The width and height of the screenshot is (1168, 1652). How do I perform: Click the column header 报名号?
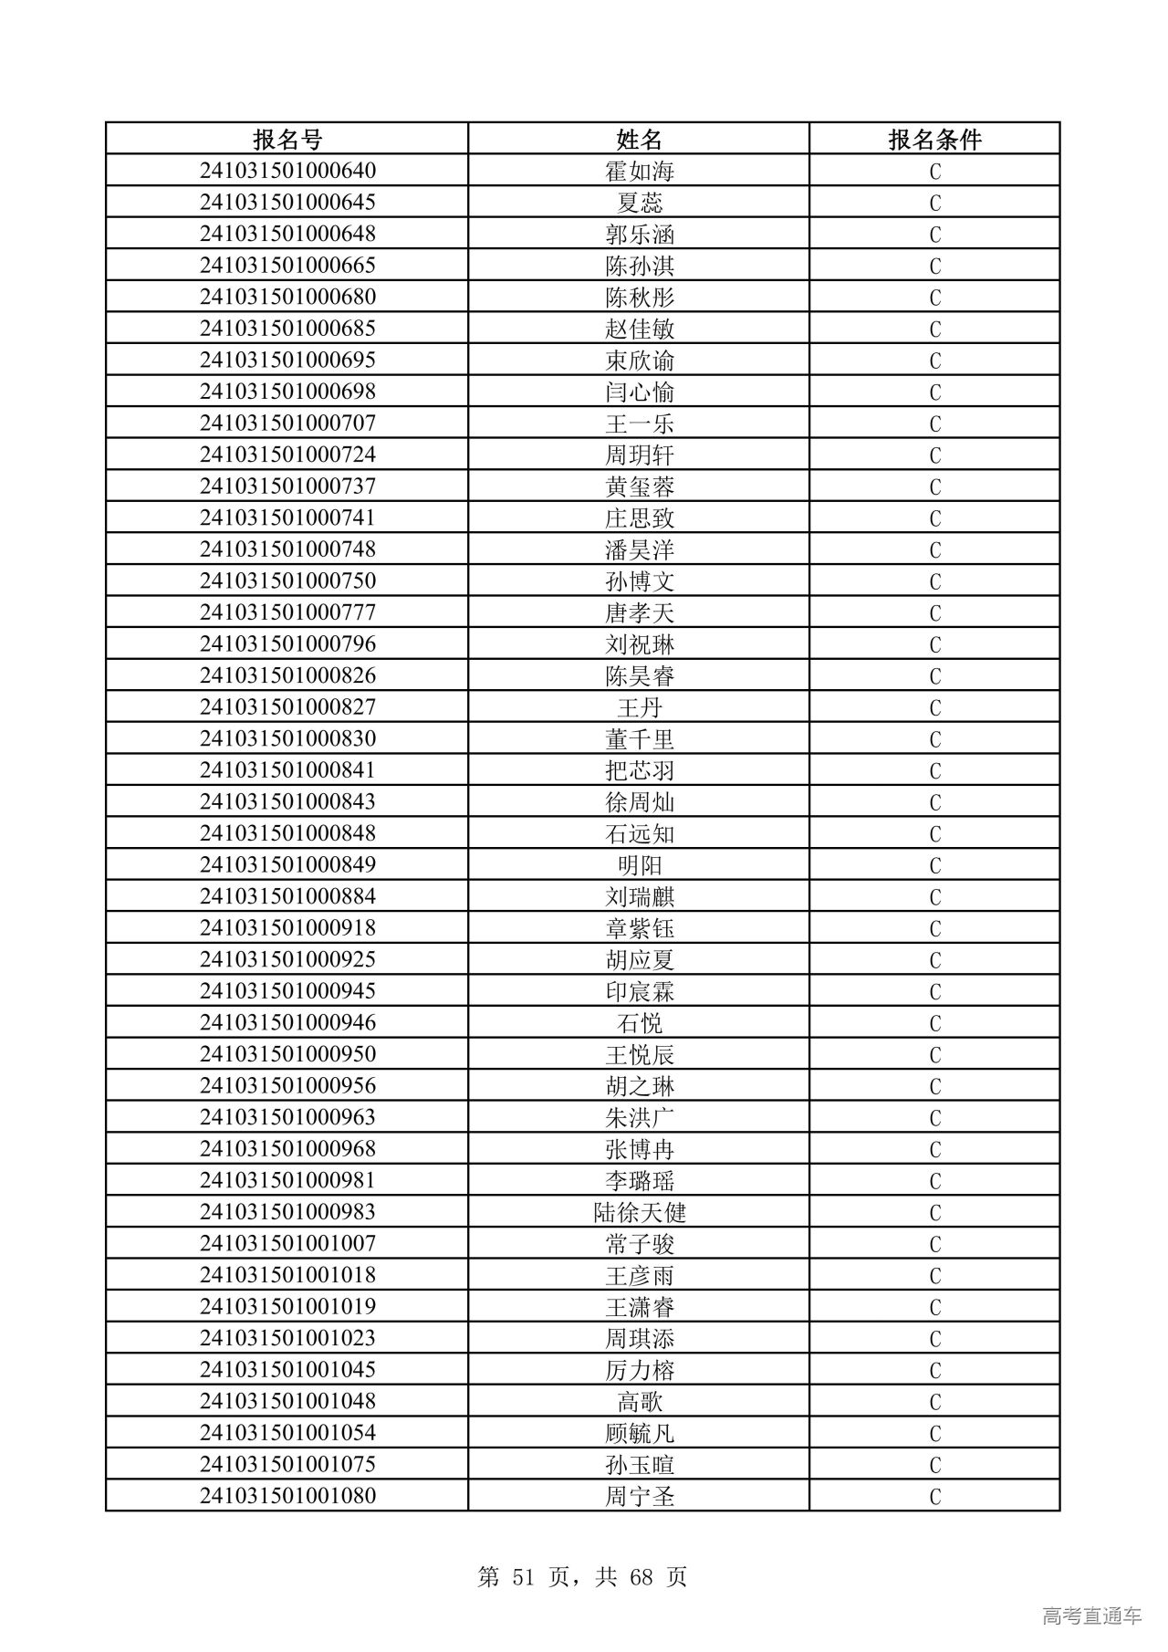point(287,139)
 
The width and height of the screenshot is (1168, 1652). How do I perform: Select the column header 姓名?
point(639,139)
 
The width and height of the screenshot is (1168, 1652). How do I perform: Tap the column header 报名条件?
point(934,139)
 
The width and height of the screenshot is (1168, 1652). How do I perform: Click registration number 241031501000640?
point(287,171)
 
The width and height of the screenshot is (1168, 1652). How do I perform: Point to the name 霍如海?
point(639,172)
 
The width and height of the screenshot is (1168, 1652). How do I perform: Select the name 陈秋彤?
point(639,298)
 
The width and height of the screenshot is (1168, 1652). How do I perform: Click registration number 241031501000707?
point(287,423)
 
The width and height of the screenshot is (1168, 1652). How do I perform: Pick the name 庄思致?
point(639,518)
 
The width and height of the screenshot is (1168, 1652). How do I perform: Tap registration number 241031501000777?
point(287,612)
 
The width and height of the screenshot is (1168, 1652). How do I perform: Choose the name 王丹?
point(639,707)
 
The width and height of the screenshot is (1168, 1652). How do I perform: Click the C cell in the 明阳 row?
point(934,865)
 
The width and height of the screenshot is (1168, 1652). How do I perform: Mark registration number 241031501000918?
point(287,927)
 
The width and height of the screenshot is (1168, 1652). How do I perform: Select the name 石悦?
point(639,1023)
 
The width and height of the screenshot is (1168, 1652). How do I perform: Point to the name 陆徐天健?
point(639,1212)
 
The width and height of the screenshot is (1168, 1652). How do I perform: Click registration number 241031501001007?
point(287,1243)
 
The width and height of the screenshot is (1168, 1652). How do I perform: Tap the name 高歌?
point(639,1401)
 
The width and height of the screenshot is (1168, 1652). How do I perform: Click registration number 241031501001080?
point(287,1496)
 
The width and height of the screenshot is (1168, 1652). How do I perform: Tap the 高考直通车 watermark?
point(1091,1615)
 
